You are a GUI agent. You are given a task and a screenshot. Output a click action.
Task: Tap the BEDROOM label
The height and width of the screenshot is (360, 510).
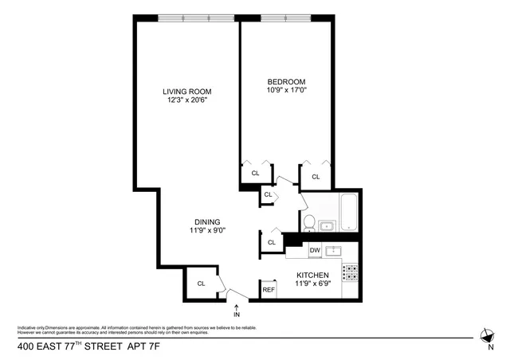285,82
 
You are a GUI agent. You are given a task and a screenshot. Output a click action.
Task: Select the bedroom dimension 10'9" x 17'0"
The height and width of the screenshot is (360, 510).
285,92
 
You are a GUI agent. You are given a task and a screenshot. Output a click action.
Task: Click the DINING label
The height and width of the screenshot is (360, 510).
207,221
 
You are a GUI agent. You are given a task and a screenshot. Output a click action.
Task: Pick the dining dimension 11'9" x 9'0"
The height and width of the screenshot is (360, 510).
207,231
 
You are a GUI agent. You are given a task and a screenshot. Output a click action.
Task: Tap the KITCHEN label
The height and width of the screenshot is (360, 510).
312,275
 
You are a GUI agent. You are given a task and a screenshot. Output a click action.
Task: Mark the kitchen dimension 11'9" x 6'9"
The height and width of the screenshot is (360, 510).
312,284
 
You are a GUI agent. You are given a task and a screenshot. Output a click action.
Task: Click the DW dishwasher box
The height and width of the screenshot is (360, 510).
315,250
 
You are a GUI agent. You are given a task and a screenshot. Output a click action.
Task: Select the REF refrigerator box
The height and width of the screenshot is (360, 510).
269,290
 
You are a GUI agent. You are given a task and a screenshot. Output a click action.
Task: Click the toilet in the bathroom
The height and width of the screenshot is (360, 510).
308,223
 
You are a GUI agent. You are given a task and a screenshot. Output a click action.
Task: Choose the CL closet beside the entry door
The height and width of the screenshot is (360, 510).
202,283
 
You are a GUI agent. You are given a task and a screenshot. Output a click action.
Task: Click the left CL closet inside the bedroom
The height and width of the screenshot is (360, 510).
255,174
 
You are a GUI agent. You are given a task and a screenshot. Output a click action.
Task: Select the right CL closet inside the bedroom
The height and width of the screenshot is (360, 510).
316,176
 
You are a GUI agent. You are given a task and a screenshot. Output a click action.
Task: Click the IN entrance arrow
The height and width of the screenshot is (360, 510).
236,310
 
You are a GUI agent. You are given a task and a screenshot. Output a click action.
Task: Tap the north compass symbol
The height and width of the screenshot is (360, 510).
488,335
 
